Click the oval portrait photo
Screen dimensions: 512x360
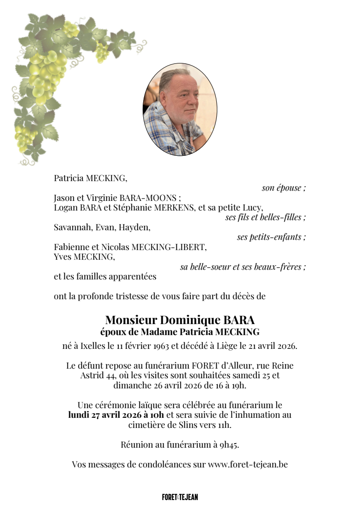click(180, 109)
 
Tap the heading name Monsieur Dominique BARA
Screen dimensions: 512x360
click(180, 319)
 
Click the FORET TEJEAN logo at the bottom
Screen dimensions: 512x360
click(180, 497)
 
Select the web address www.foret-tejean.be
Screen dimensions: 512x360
click(248, 464)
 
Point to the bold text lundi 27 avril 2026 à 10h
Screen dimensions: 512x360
click(116, 415)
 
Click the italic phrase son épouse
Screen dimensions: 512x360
click(284, 188)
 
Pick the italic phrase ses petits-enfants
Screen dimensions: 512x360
click(271, 237)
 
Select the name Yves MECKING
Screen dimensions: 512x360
click(84, 256)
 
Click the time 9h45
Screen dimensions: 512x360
click(229, 444)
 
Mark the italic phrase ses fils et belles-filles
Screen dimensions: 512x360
click(265, 217)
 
